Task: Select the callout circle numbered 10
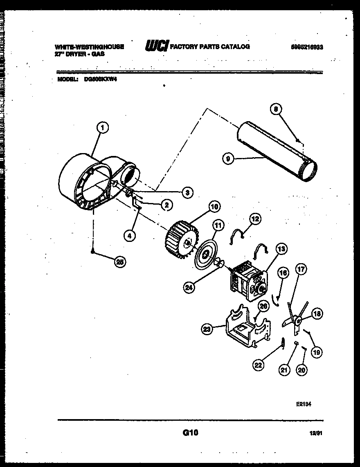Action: [214, 206]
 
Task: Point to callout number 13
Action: [281, 248]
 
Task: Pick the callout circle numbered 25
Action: [120, 263]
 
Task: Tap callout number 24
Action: [188, 287]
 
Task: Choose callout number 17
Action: [301, 270]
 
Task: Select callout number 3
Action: [187, 192]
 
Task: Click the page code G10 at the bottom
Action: [190, 433]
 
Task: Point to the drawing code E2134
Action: [304, 403]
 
